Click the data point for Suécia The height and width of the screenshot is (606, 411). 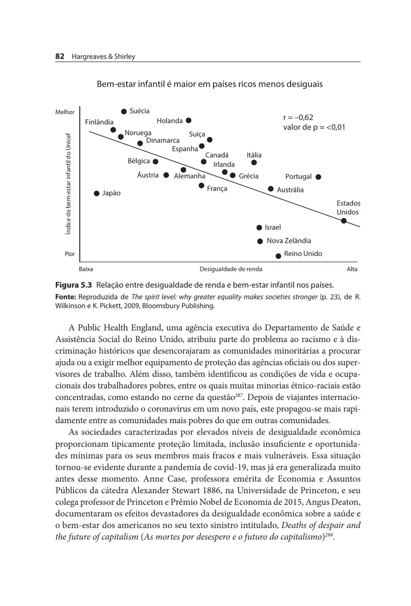point(124,111)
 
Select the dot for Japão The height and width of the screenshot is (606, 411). point(96,193)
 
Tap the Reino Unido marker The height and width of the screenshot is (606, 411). point(278,256)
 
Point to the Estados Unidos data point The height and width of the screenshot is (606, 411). point(344,220)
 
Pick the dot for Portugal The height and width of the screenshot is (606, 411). point(318,177)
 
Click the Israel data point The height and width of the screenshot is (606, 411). point(260,228)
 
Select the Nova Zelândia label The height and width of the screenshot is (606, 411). point(289,241)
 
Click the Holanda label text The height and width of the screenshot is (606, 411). point(170,121)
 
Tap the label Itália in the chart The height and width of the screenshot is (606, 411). point(254,155)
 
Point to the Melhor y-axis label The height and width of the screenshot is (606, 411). point(65,112)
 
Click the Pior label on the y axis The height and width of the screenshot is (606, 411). point(70,254)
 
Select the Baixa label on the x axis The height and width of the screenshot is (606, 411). point(86,269)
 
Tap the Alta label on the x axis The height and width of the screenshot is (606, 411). point(352,269)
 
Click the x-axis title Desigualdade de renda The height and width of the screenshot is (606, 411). point(231,269)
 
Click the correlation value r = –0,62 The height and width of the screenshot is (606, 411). point(298,117)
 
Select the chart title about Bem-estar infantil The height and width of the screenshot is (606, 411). point(210,84)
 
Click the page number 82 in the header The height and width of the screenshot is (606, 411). point(59,57)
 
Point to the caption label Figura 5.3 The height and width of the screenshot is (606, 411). point(73,284)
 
